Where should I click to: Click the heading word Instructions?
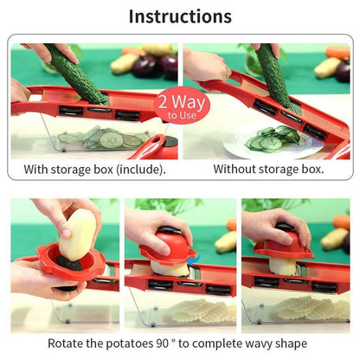[180, 16]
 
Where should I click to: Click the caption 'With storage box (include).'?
[94, 169]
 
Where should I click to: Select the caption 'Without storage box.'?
[268, 169]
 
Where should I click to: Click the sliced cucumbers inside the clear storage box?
[104, 138]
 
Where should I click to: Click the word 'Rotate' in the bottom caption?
[67, 344]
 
